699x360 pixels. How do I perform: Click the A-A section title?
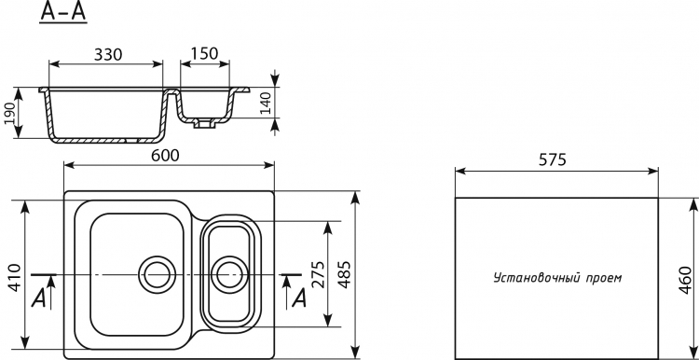coord(63,11)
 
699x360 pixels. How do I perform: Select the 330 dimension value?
coord(108,54)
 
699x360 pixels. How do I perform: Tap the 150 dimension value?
coord(205,53)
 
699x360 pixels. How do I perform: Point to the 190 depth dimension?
coord(9,113)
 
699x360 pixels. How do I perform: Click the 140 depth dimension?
coord(266,103)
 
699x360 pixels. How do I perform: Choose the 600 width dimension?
coord(165,155)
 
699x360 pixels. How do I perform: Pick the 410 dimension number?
coord(15,278)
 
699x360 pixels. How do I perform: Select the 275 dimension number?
coord(317,274)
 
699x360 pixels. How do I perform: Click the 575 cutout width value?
coord(553,159)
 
